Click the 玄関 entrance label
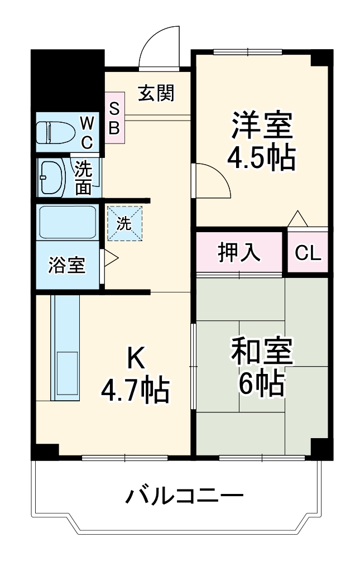click(x=156, y=93)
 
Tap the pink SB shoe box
click(x=114, y=118)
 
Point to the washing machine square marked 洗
click(x=124, y=223)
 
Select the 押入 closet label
click(x=239, y=252)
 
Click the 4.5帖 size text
click(x=261, y=159)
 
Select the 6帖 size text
click(x=261, y=383)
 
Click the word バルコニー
click(x=184, y=496)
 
